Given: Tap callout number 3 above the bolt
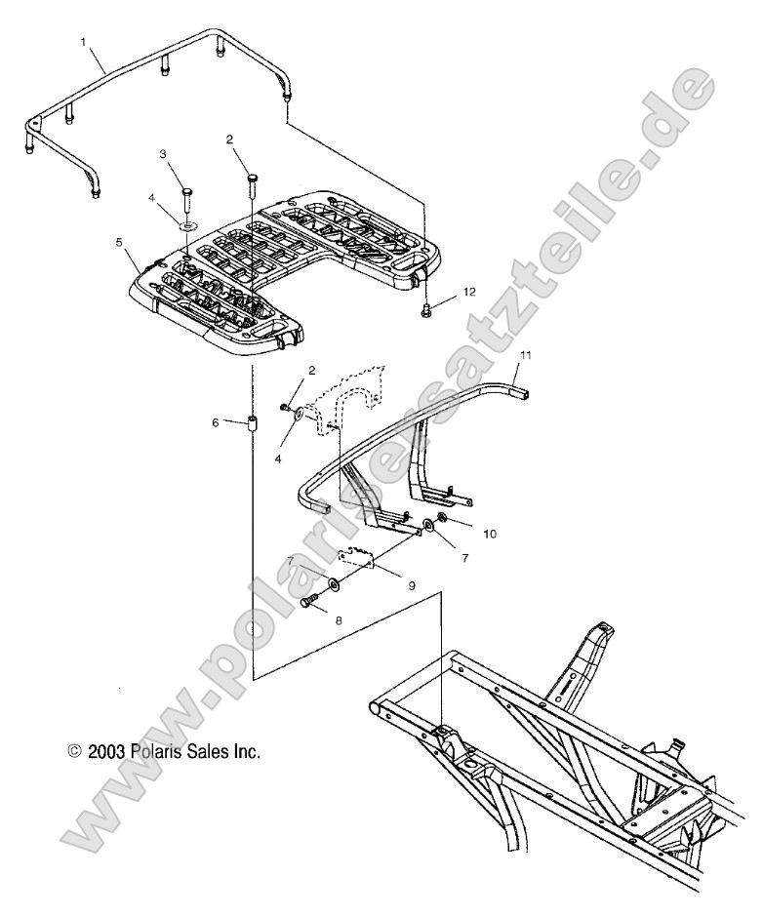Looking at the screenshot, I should pos(163,154).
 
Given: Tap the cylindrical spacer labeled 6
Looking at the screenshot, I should pos(252,425).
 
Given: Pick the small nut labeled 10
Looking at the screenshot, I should pos(442,518).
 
